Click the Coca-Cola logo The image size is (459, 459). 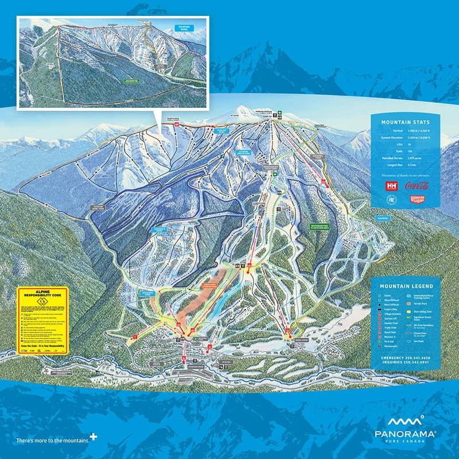[x=417, y=185]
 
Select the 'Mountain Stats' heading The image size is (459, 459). [x=402, y=122]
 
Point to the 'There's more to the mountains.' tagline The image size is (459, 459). [x=53, y=441]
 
